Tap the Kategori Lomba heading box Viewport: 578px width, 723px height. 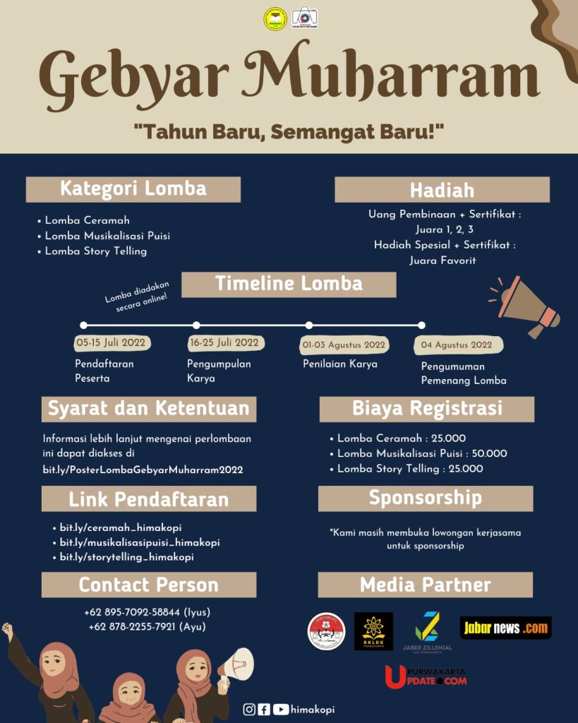(x=133, y=189)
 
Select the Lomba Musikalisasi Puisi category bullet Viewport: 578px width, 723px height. (x=107, y=236)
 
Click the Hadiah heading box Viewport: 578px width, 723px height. (x=442, y=190)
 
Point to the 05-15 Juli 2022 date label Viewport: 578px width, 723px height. (x=112, y=343)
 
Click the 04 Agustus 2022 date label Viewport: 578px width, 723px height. (x=457, y=345)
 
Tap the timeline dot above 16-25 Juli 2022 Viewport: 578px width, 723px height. (x=196, y=325)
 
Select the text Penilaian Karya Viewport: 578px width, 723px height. (x=340, y=364)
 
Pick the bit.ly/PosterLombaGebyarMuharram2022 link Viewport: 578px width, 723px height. (x=143, y=470)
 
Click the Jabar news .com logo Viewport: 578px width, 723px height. (x=505, y=628)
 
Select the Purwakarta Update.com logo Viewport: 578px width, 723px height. (x=426, y=676)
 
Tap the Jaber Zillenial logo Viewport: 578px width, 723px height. (x=427, y=628)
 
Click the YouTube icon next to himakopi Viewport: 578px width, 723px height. (x=280, y=710)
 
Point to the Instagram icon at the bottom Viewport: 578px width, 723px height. (x=248, y=710)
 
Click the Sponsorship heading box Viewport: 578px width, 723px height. (x=426, y=498)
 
